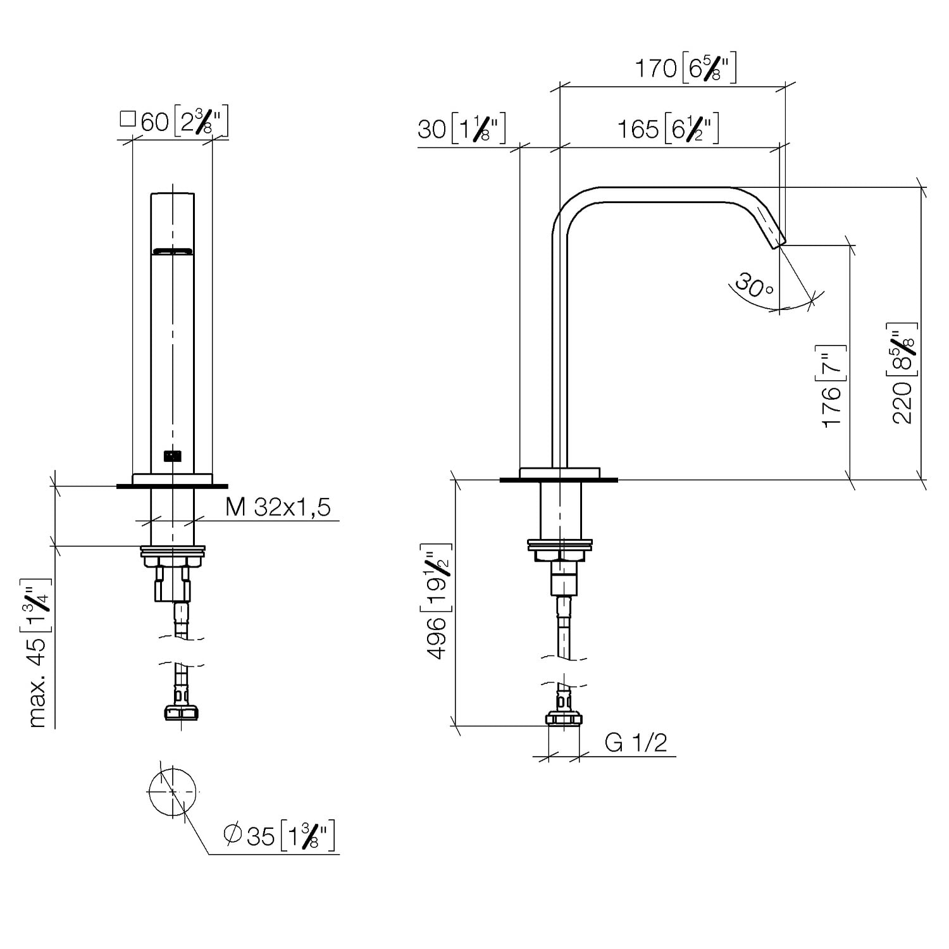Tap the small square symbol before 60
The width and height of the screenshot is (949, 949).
pyautogui.click(x=128, y=118)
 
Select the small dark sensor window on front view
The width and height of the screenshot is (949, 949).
pyautogui.click(x=172, y=455)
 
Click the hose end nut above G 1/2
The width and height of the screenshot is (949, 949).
pyautogui.click(x=562, y=719)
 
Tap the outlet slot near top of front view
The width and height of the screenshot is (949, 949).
pyautogui.click(x=172, y=251)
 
